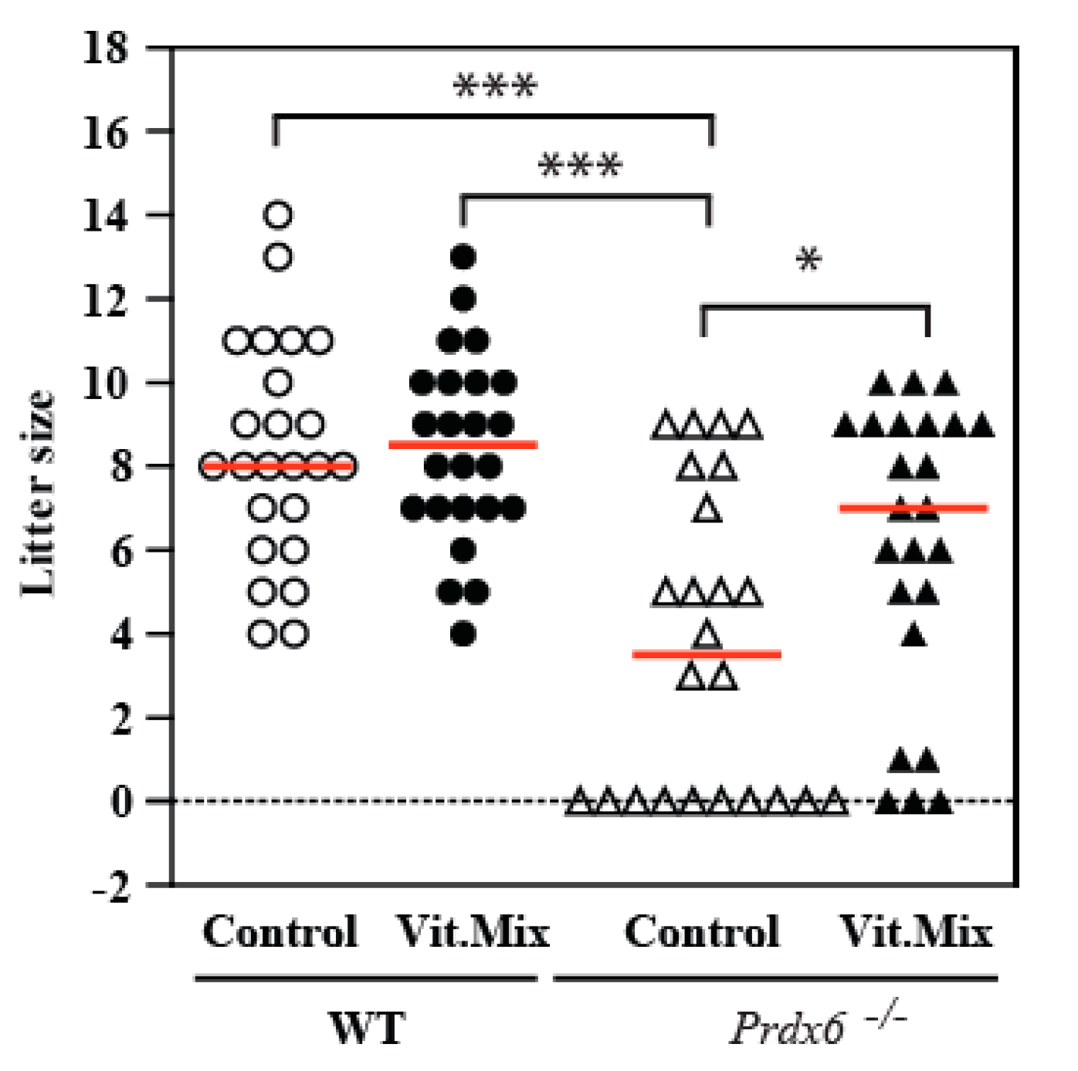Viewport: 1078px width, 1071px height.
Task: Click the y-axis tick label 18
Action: (x=106, y=48)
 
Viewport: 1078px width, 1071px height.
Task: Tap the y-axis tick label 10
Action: (x=106, y=383)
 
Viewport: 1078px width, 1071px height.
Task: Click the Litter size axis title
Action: (x=37, y=494)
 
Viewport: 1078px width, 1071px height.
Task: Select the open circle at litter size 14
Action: (x=278, y=215)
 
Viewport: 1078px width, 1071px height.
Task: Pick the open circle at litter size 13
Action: (x=278, y=257)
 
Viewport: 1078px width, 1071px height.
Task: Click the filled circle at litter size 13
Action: (x=463, y=257)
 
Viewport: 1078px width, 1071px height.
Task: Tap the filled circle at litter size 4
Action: (x=463, y=634)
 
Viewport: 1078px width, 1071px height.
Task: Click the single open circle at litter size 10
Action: (x=278, y=383)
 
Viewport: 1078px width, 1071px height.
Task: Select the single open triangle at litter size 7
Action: (x=707, y=510)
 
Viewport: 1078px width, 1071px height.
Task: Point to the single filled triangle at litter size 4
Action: (x=914, y=636)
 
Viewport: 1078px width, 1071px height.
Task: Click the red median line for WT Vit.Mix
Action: (x=463, y=444)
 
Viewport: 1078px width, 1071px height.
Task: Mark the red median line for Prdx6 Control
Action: (x=707, y=655)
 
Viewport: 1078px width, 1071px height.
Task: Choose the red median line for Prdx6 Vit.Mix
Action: (x=914, y=508)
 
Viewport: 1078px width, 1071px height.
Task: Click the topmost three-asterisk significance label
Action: (x=494, y=85)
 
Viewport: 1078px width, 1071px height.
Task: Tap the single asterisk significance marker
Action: (x=808, y=260)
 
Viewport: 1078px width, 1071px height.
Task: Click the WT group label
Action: (x=367, y=1028)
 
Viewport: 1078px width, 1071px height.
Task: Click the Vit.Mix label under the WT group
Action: (x=473, y=931)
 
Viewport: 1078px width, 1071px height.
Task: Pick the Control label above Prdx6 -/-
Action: (x=701, y=931)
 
